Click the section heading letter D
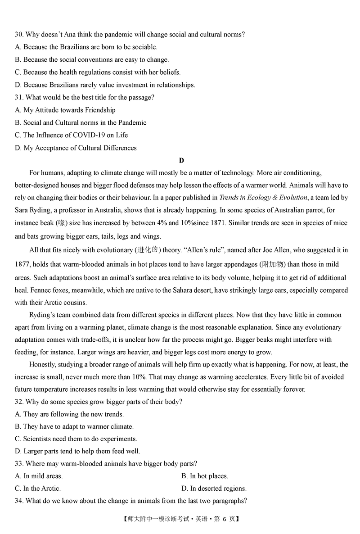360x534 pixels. (x=181, y=161)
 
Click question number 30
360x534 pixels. (x=19, y=34)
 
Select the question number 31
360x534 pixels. (x=19, y=97)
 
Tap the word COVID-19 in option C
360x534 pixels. (x=88, y=135)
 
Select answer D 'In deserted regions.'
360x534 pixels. (x=214, y=489)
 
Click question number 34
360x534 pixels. (x=19, y=501)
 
